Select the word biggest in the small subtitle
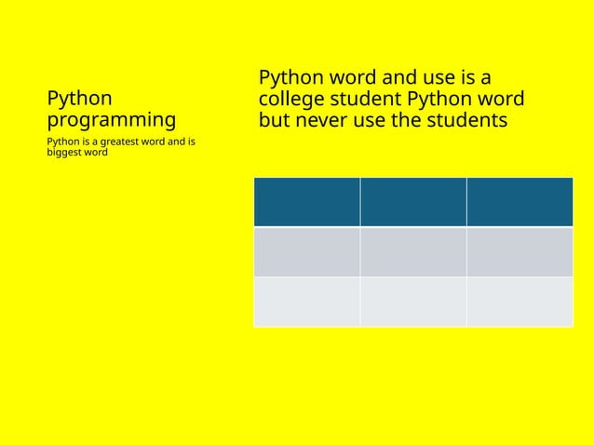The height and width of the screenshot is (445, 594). tap(64, 153)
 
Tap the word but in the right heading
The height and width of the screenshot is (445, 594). tap(275, 121)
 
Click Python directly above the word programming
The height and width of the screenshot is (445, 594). tap(79, 98)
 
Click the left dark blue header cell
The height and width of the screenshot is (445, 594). tap(306, 202)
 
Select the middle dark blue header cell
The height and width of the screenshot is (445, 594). tap(413, 202)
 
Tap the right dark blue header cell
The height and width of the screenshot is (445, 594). tap(520, 202)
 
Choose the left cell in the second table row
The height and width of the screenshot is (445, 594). tap(306, 251)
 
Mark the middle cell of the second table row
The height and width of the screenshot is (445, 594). tap(413, 251)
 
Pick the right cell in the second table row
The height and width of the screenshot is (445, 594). tap(520, 251)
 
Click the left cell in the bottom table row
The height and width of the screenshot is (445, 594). tap(306, 302)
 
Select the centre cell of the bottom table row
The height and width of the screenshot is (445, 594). tap(413, 302)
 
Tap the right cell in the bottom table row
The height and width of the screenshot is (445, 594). tap(520, 302)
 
